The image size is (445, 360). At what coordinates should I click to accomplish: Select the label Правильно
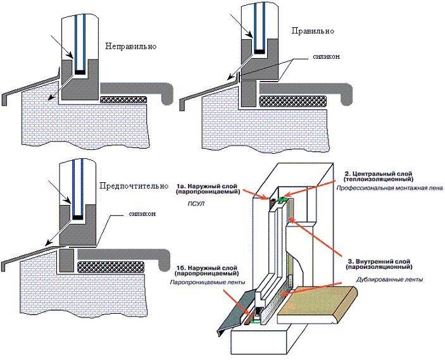pyautogui.click(x=312, y=31)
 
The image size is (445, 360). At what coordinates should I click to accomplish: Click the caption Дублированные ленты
pyautogui.click(x=389, y=279)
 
